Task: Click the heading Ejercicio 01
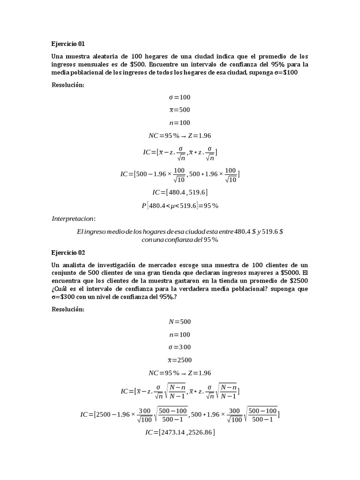click(x=68, y=44)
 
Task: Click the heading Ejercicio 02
click(x=68, y=252)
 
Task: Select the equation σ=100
click(x=180, y=97)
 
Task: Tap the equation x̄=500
click(x=180, y=110)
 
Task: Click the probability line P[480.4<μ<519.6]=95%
click(x=180, y=205)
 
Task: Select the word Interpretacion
click(x=73, y=218)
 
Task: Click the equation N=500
click(x=180, y=322)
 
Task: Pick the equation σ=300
click(x=180, y=347)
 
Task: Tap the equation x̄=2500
click(x=180, y=360)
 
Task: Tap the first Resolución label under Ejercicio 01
click(x=68, y=85)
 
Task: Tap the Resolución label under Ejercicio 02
click(x=68, y=309)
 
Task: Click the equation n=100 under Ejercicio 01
click(x=180, y=122)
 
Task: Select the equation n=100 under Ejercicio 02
click(x=180, y=335)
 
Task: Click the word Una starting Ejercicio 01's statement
click(x=57, y=56)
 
